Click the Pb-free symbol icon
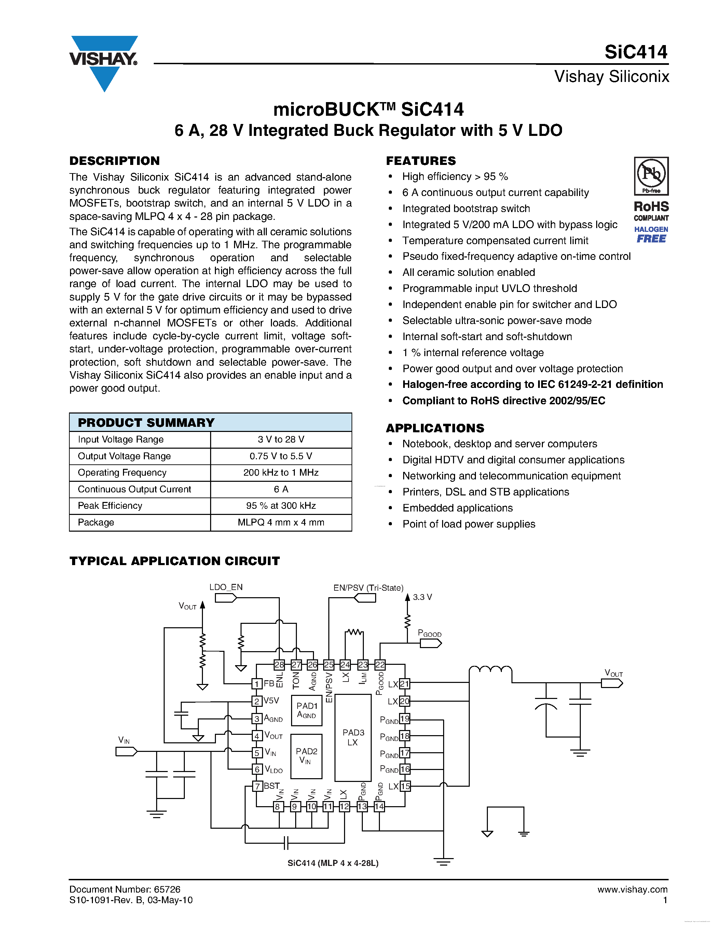(x=651, y=176)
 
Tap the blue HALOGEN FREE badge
(x=651, y=235)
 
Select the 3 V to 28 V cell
(x=281, y=439)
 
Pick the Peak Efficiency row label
(x=110, y=506)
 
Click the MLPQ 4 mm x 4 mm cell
(x=281, y=522)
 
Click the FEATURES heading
(x=421, y=161)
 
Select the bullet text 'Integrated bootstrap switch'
(x=466, y=209)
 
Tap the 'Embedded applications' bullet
(x=457, y=508)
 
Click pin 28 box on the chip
(x=279, y=665)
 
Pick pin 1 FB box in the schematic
(x=257, y=684)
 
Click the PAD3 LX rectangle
(x=353, y=737)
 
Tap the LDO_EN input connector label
(x=226, y=587)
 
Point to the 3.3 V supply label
(x=422, y=597)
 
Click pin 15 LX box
(x=405, y=786)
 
